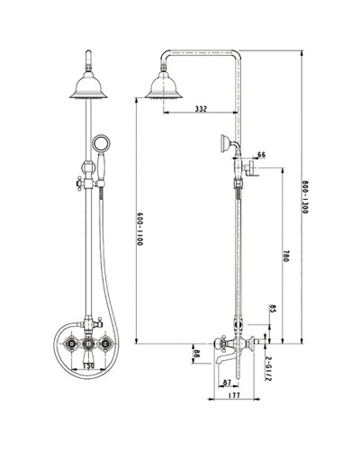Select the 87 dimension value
pyautogui.click(x=226, y=383)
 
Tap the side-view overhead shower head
pyautogui.click(x=163, y=88)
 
